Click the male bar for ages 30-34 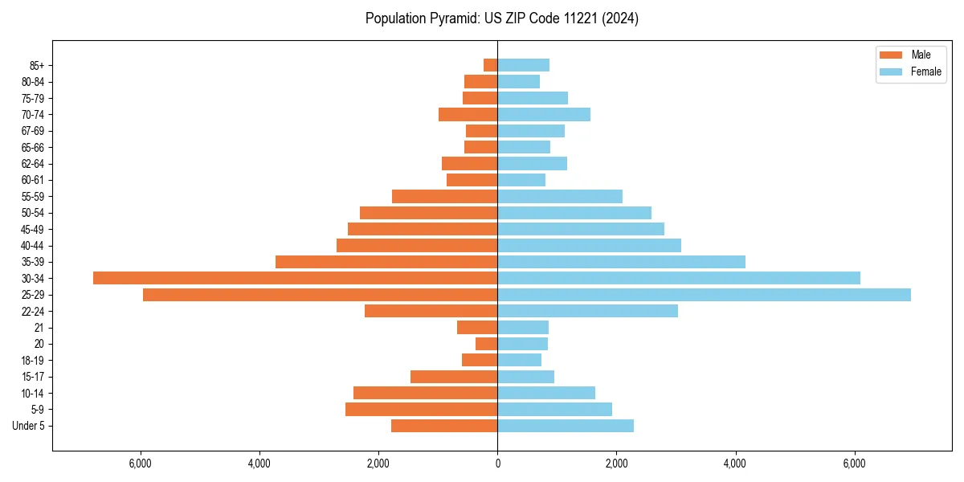click(x=295, y=278)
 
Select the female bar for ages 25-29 click(x=704, y=295)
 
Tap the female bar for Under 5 click(x=566, y=426)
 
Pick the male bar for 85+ click(x=490, y=65)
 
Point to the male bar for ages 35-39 click(x=386, y=262)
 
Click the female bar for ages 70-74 click(x=544, y=115)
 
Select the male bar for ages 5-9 click(x=421, y=410)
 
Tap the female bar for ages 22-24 click(x=587, y=311)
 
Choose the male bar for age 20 click(x=486, y=344)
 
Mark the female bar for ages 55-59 click(x=560, y=197)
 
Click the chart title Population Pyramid click(x=501, y=18)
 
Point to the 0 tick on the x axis click(x=497, y=464)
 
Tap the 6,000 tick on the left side click(x=141, y=464)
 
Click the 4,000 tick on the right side click(x=735, y=464)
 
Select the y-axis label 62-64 click(x=33, y=164)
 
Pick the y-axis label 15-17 click(x=33, y=377)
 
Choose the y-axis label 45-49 click(x=33, y=229)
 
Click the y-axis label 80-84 click(x=33, y=82)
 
